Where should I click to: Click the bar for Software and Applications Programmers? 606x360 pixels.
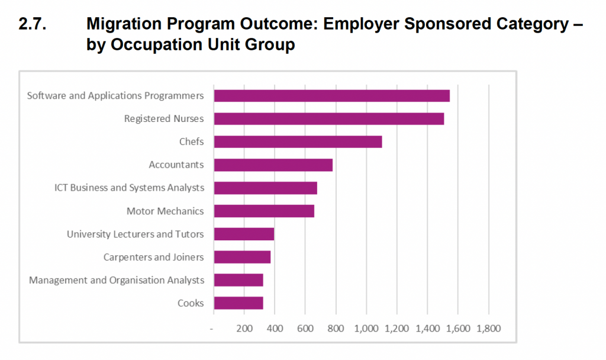tap(331, 95)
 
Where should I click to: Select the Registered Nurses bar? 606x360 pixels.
tap(328, 118)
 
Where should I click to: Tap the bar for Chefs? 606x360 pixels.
tap(298, 142)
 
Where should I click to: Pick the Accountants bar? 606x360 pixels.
tap(273, 165)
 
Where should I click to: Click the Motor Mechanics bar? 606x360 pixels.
tap(264, 211)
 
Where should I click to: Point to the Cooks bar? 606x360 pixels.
tap(238, 303)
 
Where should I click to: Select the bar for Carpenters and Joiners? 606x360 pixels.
tap(242, 257)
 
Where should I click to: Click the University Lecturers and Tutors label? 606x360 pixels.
tap(135, 234)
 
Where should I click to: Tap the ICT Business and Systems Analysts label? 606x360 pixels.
tap(129, 188)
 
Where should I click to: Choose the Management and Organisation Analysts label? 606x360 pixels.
tap(117, 280)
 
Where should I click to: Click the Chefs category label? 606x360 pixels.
tap(191, 142)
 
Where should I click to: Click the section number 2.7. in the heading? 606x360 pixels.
tap(34, 24)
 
